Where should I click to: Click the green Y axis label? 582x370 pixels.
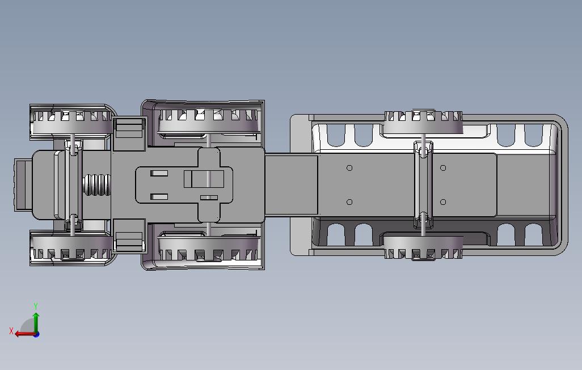(36, 306)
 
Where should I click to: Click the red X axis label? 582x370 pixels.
(11, 331)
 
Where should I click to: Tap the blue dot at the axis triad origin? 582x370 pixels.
(36, 335)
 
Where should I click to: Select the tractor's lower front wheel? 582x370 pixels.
(71, 248)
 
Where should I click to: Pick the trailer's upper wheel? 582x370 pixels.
(423, 122)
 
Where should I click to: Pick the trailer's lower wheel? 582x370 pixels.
(423, 247)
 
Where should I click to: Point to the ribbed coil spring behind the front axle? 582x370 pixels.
(96, 184)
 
